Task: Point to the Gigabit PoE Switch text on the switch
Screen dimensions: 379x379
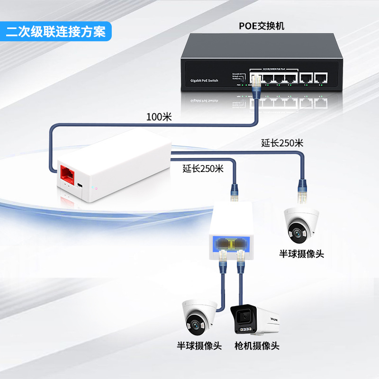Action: [204, 81]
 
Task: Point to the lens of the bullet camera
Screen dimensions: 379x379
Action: [243, 315]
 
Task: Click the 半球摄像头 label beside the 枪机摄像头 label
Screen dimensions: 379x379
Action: [199, 345]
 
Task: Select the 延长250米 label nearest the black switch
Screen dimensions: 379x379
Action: [282, 143]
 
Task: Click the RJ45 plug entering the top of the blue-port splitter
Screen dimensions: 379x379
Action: [234, 192]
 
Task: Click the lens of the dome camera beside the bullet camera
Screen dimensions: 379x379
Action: [194, 325]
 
